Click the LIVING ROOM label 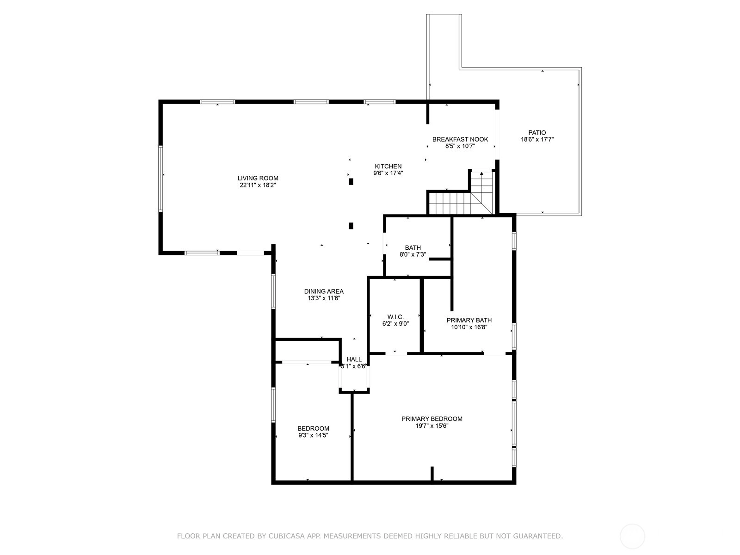(258, 178)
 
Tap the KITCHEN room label (388, 166)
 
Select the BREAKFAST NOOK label (460, 139)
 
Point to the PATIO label (537, 133)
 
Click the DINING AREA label (324, 291)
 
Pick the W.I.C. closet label (395, 317)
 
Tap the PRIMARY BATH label (469, 320)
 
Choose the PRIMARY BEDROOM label (432, 419)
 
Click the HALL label (354, 359)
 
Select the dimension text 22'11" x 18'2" (258, 185)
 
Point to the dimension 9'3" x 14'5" (313, 435)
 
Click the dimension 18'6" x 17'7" (537, 140)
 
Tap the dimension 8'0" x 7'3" (413, 254)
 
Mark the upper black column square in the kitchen (351, 182)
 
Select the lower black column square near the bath (351, 226)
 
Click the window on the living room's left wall (161, 179)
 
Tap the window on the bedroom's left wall (273, 405)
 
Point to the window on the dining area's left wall (273, 291)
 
